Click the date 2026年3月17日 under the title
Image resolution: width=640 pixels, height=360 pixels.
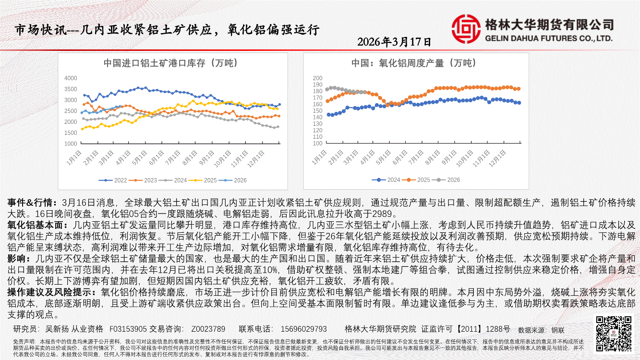[394, 42]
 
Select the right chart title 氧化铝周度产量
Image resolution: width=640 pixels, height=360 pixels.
[413, 63]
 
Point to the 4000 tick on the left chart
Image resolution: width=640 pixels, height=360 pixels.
[71, 78]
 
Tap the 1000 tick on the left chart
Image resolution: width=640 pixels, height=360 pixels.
[71, 144]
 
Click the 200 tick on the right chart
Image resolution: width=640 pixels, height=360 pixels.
[317, 78]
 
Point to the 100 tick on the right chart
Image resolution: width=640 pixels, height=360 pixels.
[317, 144]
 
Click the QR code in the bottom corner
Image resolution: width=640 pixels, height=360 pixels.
[613, 333]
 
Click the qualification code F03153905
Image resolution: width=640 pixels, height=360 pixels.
[128, 329]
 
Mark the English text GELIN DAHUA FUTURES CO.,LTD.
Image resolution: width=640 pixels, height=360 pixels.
[549, 38]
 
